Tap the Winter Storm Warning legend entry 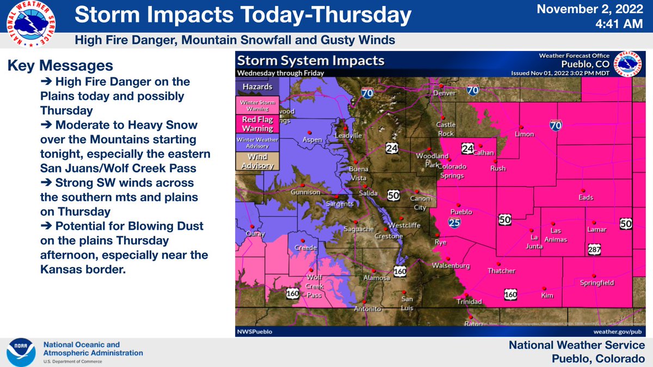pos(257,105)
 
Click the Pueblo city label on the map pos(461,212)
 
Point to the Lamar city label pos(597,231)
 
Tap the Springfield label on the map pos(597,283)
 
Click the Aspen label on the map pos(312,140)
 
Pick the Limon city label pos(525,134)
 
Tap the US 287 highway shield pos(594,249)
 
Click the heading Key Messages pos(60,66)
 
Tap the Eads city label pos(586,198)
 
